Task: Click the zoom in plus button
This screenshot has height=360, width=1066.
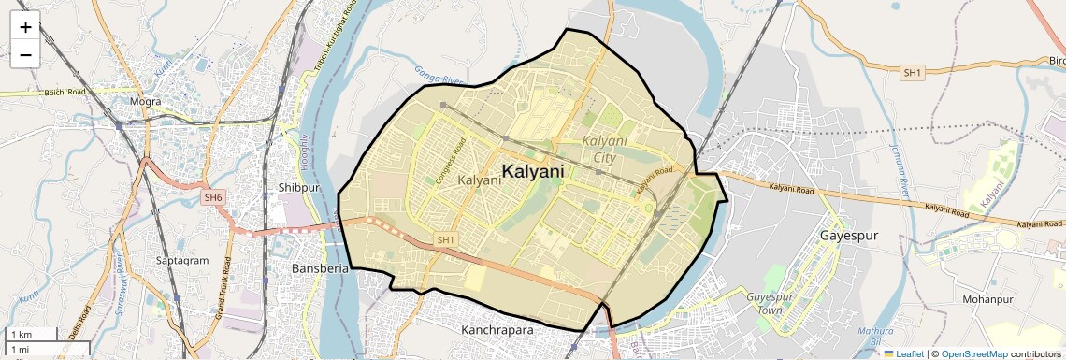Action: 25,27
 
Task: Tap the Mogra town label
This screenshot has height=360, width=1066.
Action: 147,101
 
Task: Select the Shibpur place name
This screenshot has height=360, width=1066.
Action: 299,187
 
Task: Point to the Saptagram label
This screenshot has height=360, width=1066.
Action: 183,260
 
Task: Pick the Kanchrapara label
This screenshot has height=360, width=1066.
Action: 497,330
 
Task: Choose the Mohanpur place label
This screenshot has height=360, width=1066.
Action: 987,299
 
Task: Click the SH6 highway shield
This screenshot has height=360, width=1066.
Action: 214,197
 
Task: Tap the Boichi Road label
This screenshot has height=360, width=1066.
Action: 65,92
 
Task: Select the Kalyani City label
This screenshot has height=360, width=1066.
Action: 598,149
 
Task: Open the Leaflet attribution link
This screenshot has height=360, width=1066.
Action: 903,353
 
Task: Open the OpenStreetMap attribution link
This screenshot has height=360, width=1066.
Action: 974,353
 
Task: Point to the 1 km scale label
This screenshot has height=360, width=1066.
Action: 21,334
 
